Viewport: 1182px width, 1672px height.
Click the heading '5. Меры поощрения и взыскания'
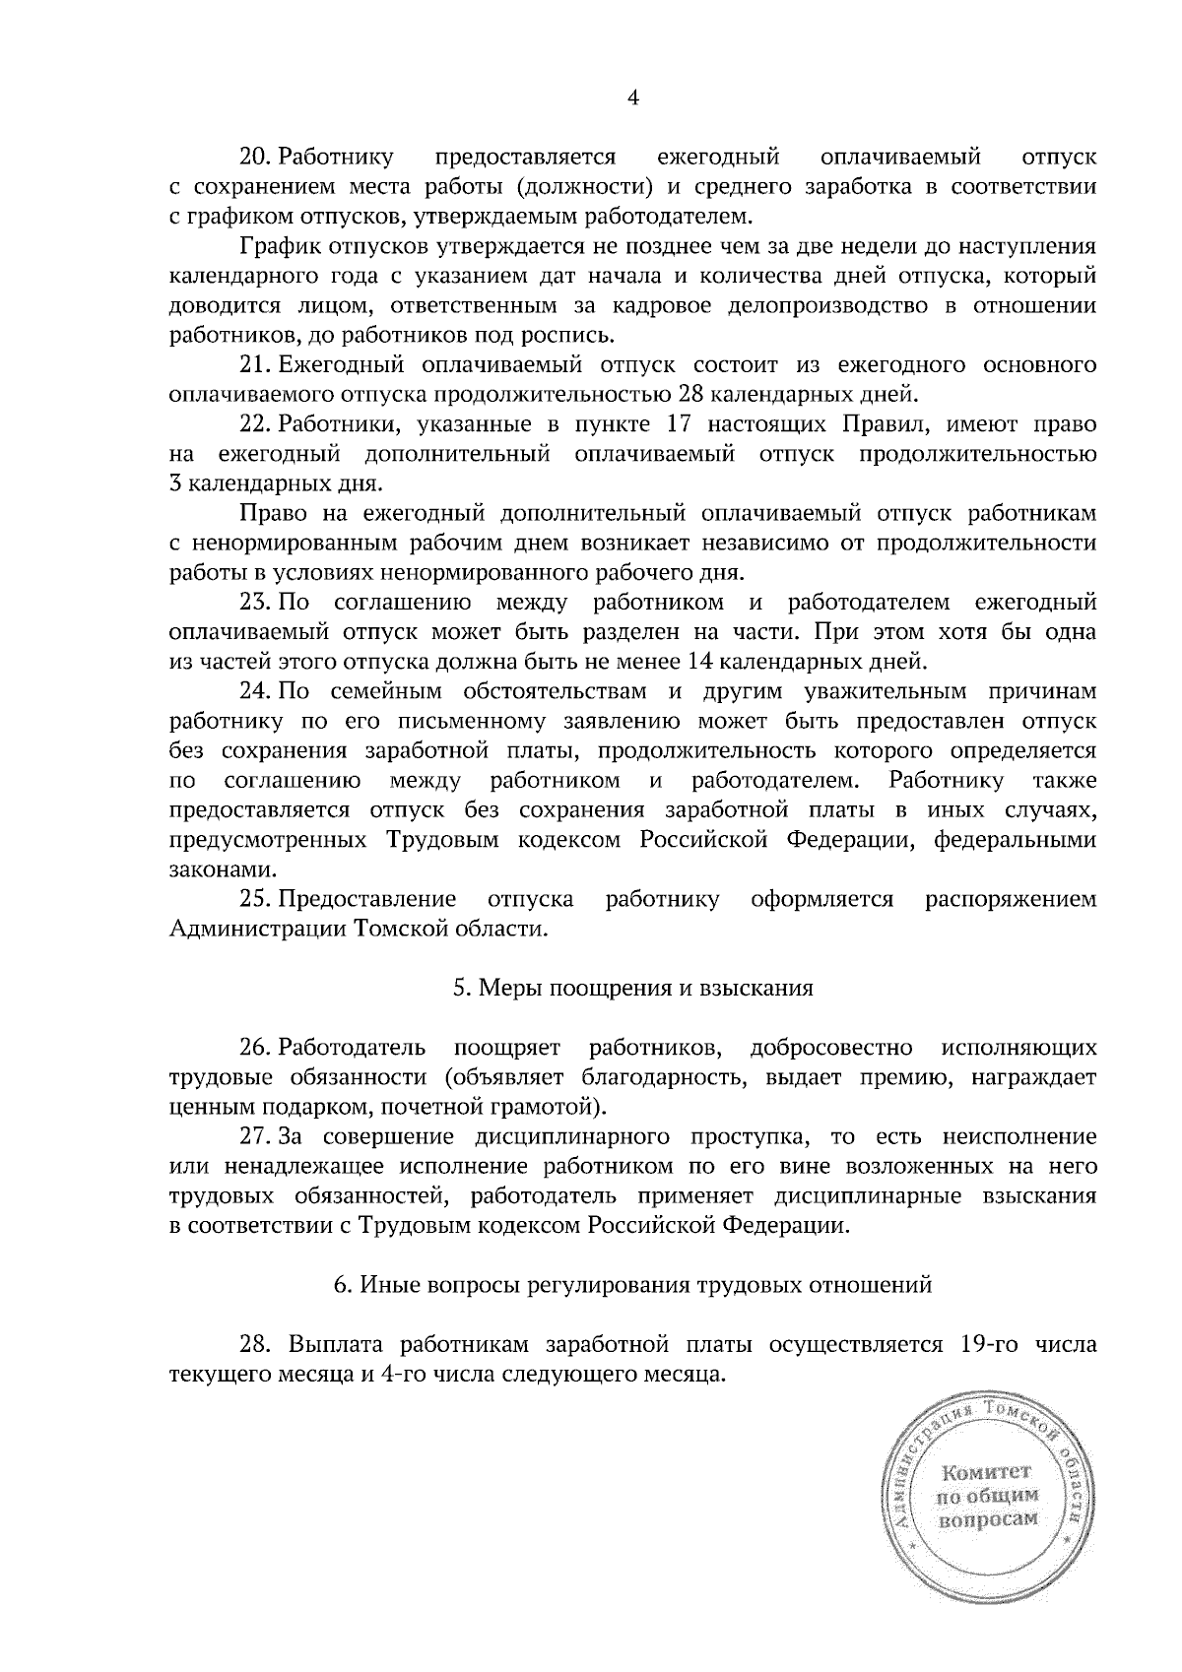633,989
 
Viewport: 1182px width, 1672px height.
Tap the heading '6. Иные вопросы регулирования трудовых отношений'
632,1285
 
